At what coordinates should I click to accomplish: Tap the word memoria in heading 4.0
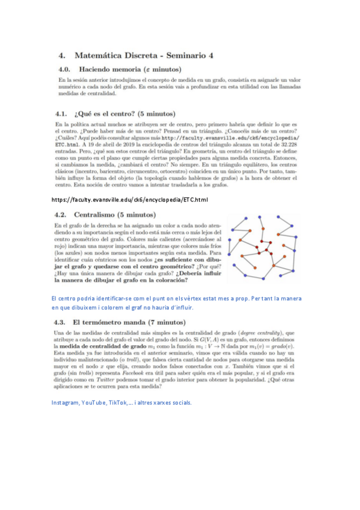127,69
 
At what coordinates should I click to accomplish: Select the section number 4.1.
61,112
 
